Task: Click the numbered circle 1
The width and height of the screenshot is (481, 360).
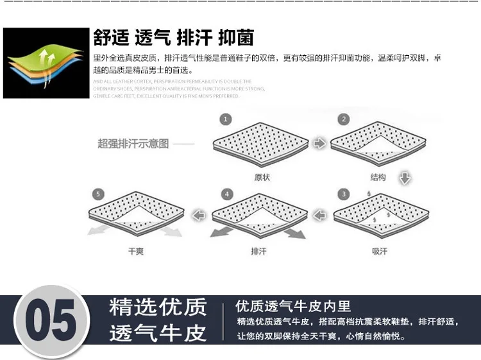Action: click(x=226, y=120)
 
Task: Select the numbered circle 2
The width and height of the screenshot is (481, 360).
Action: click(x=344, y=119)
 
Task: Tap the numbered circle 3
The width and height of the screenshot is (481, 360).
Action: click(x=344, y=194)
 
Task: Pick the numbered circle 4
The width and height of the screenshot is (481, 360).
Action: click(x=226, y=194)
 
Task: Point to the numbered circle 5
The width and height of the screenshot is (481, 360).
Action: click(x=98, y=194)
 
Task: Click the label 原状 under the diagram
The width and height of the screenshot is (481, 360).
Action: click(x=262, y=177)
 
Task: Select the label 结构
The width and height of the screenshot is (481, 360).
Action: click(x=378, y=177)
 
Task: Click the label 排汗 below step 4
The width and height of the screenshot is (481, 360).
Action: click(x=258, y=252)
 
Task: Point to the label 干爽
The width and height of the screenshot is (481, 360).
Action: click(x=136, y=252)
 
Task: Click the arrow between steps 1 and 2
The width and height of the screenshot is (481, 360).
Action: click(x=319, y=143)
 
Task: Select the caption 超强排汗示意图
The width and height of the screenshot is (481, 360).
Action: click(x=133, y=144)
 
